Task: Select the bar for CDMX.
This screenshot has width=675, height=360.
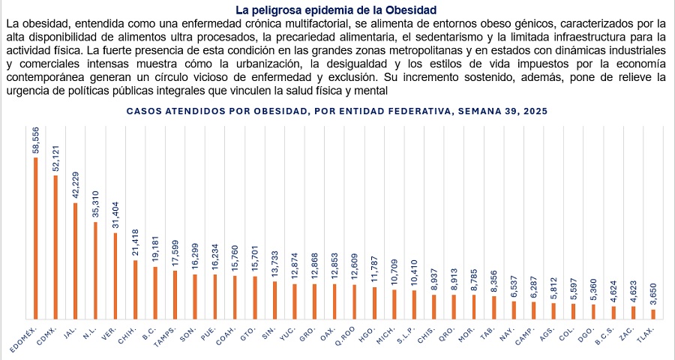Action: coord(55,247)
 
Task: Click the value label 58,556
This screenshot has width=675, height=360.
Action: coord(35,140)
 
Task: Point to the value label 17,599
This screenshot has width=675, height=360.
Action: coord(174,255)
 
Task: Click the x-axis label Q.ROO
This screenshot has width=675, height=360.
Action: coord(344,334)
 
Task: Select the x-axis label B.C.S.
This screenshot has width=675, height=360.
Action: coord(604,334)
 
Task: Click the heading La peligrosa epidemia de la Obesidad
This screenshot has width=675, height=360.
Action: coord(336,10)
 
